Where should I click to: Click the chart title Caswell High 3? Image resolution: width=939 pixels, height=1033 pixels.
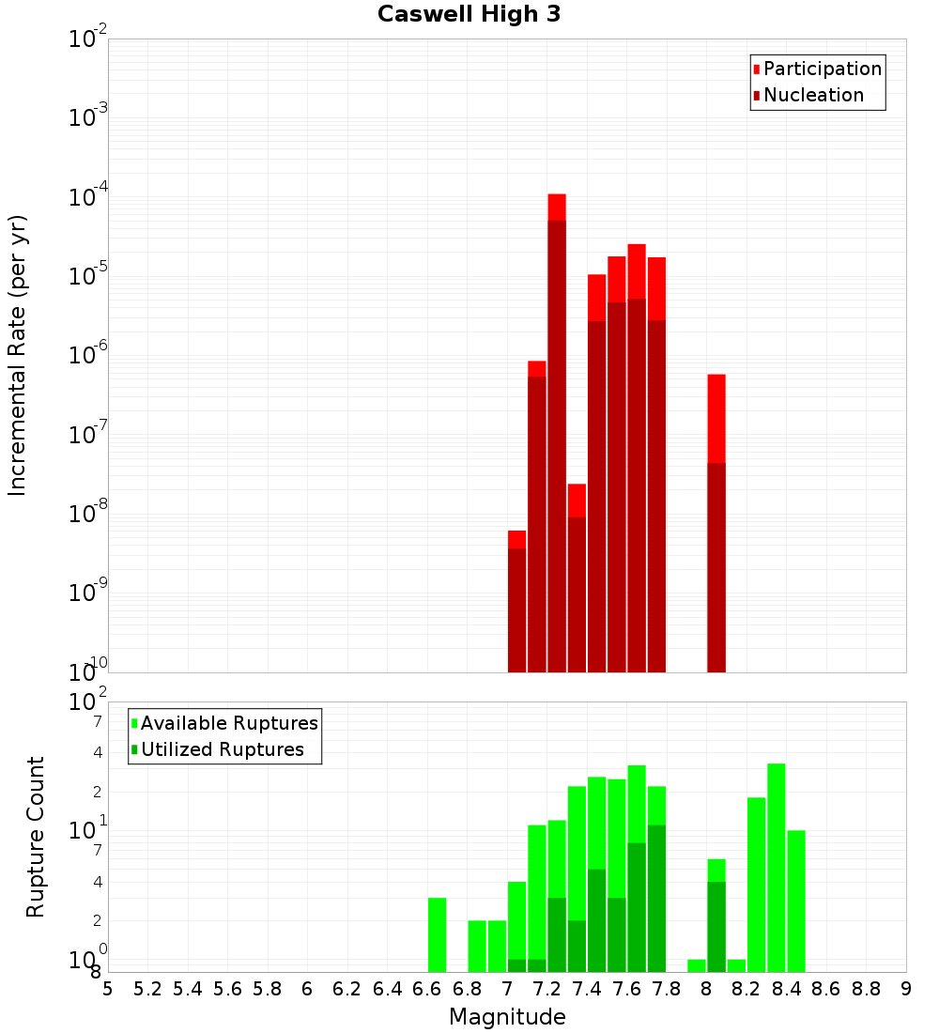point(469,15)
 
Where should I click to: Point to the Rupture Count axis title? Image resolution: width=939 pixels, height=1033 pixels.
point(36,837)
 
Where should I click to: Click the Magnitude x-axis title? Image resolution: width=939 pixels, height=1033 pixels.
point(507,1017)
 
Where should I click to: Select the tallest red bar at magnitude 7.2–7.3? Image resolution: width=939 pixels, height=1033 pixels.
point(557,432)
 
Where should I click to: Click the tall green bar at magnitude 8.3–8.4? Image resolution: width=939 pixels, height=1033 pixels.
point(776,868)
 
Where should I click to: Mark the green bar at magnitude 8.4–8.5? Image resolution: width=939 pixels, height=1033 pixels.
point(796,901)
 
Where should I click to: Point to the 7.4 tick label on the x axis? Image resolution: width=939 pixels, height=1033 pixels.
point(586,989)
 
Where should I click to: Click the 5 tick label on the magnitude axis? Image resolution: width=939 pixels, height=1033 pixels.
point(108,989)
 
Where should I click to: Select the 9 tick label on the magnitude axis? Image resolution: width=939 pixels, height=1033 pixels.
point(906,989)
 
